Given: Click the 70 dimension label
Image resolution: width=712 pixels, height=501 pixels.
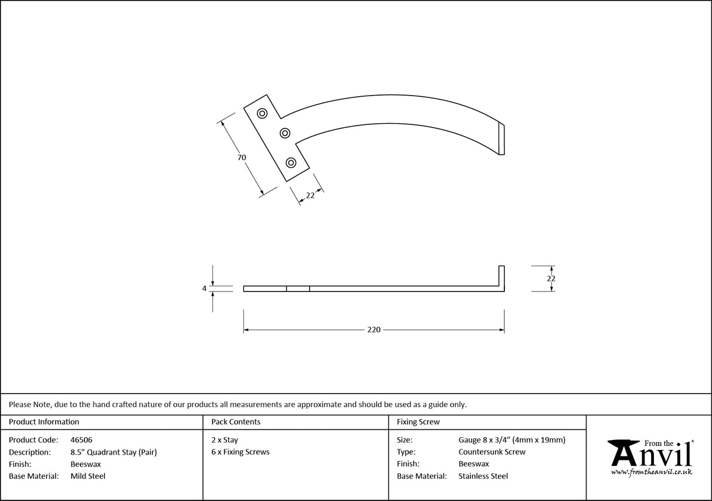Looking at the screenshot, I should pyautogui.click(x=241, y=157).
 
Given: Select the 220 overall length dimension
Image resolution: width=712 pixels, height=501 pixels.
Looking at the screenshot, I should pyautogui.click(x=374, y=330).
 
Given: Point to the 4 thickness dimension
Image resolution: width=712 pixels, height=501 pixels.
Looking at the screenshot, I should pyautogui.click(x=204, y=289).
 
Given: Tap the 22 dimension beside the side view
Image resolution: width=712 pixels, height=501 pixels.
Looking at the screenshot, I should pyautogui.click(x=551, y=279).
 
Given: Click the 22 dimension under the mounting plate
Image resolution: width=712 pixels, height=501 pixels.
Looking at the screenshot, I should pyautogui.click(x=310, y=195).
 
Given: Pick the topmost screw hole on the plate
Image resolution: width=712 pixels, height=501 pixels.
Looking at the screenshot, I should pyautogui.click(x=262, y=113).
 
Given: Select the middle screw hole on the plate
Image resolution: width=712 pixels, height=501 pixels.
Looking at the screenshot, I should pyautogui.click(x=285, y=133).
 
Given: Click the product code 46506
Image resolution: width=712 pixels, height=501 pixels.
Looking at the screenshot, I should pyautogui.click(x=81, y=439).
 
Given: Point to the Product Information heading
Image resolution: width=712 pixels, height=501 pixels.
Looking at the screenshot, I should pyautogui.click(x=44, y=422).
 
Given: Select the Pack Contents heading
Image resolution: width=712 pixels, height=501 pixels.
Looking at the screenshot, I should pyautogui.click(x=236, y=422).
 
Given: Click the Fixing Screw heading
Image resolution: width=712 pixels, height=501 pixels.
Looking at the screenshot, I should pyautogui.click(x=418, y=422).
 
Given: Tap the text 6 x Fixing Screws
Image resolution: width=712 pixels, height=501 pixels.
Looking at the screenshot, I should pyautogui.click(x=240, y=452).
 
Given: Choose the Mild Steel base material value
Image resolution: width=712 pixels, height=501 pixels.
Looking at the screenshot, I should pyautogui.click(x=88, y=476).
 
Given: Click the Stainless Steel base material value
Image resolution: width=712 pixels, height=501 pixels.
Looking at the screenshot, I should pyautogui.click(x=483, y=476).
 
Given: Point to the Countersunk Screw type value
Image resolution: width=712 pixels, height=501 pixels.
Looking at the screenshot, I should pyautogui.click(x=492, y=452).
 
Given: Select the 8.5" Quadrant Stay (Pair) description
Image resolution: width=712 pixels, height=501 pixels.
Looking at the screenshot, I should pyautogui.click(x=113, y=452).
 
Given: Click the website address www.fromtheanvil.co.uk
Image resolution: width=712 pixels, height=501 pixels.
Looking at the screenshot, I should pyautogui.click(x=652, y=472).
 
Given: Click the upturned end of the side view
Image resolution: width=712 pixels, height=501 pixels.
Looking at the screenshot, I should pyautogui.click(x=501, y=276).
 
